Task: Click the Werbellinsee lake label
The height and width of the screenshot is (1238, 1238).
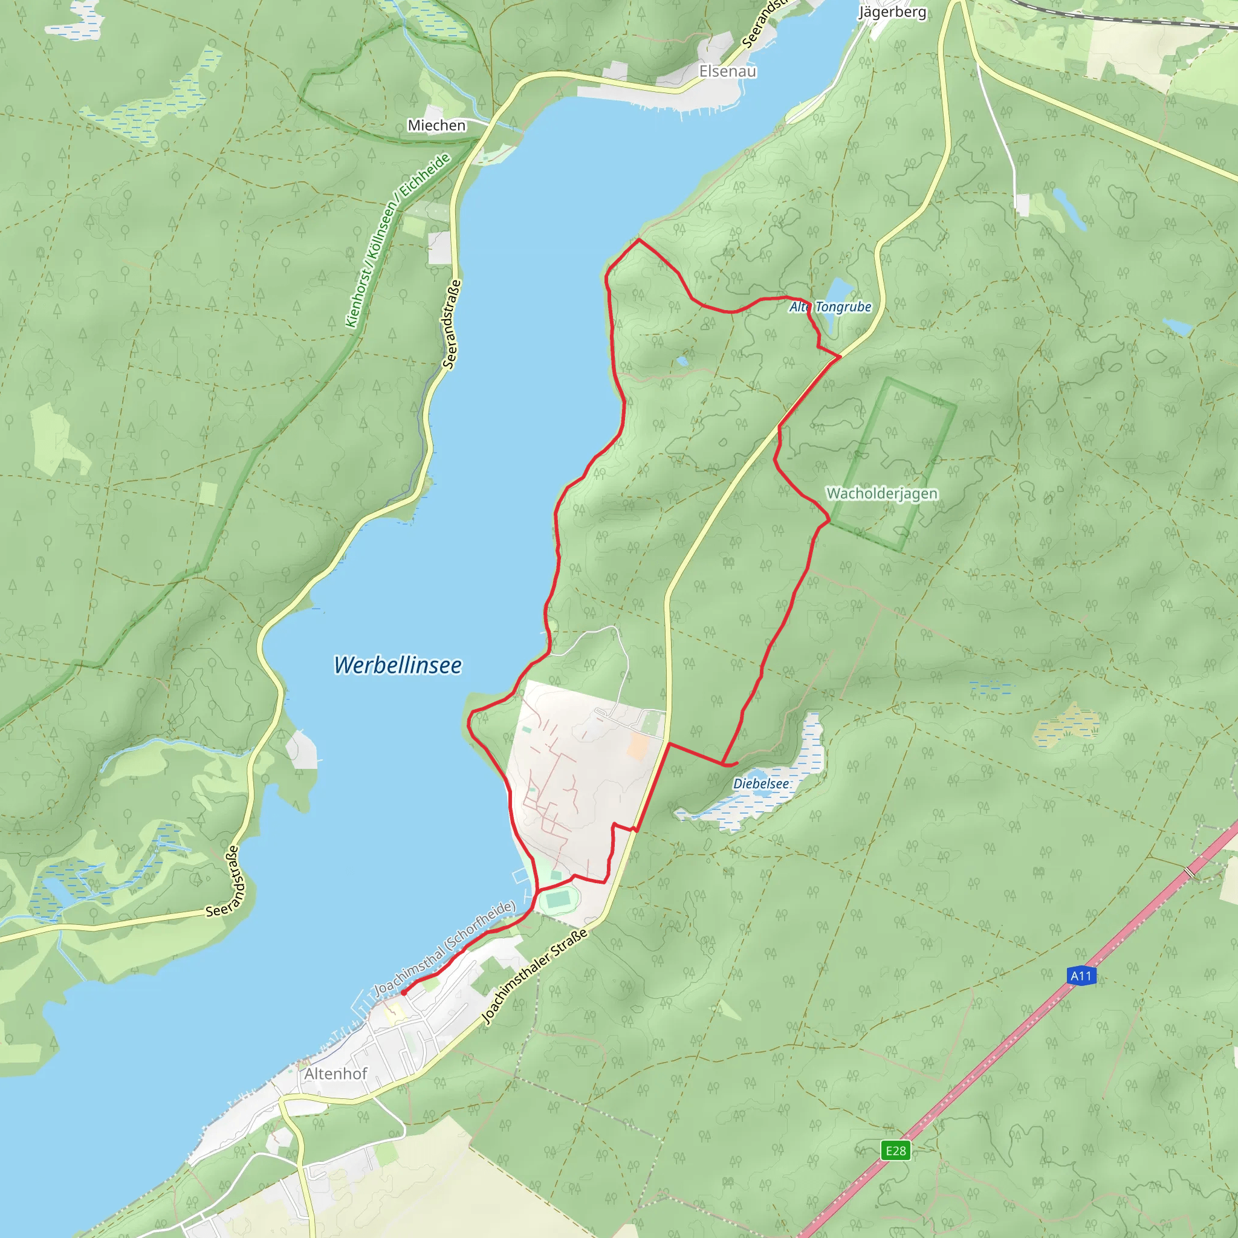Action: coord(397,665)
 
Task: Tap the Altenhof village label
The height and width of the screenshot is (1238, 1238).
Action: coord(335,1074)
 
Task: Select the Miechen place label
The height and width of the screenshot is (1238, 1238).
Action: coord(436,126)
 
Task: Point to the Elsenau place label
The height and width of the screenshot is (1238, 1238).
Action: coord(727,71)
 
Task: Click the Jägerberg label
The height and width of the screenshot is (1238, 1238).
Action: coord(892,12)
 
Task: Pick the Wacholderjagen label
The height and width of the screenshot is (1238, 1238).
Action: coord(882,493)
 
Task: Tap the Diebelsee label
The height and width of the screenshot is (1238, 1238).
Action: coord(760,783)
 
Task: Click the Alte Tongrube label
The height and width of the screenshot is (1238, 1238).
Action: coord(831,307)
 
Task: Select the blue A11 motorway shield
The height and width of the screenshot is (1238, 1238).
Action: coord(1081,976)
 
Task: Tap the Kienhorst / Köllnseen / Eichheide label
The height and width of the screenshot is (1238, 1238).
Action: coord(397,241)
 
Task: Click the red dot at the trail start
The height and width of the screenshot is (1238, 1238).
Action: coord(404,993)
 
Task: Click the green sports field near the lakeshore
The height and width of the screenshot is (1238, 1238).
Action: coord(559,899)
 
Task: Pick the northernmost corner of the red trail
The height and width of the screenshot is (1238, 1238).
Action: coord(639,239)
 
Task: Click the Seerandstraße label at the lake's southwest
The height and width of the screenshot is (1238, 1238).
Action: coord(223,882)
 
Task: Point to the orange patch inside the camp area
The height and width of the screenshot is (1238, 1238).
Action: coord(638,747)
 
